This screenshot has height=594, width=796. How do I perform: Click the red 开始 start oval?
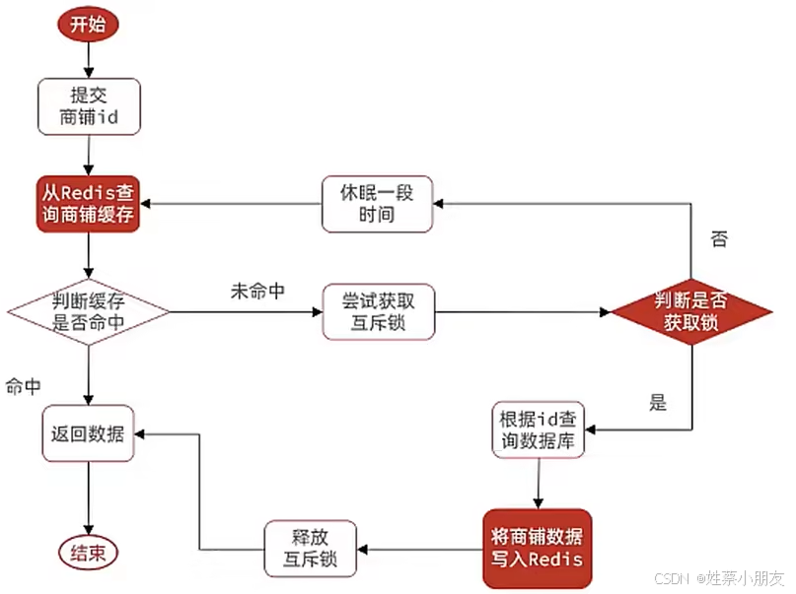89,27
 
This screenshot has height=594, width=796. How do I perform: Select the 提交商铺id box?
89,106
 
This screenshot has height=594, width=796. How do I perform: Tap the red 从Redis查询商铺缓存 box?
89,204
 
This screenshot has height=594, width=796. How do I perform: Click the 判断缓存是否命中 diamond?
89,312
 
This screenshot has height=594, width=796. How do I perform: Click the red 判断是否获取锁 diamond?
691,313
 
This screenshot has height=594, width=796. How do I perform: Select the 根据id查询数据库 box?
538,429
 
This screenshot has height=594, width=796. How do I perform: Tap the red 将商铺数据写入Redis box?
537,548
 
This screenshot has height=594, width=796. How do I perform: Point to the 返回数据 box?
89,432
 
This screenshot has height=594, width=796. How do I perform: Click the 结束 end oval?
89,551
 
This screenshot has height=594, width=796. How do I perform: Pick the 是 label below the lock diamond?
658,402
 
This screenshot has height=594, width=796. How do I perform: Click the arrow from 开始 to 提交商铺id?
89,60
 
